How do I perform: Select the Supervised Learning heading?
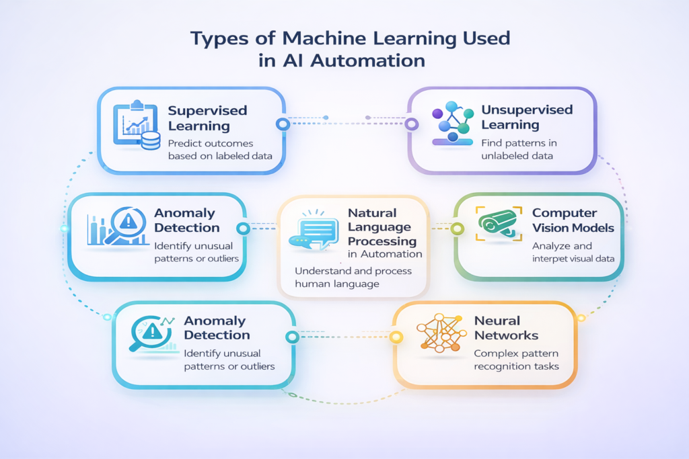click(x=207, y=118)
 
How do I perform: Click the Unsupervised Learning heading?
click(x=527, y=117)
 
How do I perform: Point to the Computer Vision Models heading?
click(x=573, y=220)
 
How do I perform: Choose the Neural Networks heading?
click(x=506, y=328)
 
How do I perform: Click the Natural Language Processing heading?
click(x=382, y=226)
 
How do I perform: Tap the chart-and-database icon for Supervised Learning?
click(x=137, y=125)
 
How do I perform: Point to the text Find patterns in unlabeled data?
click(x=519, y=149)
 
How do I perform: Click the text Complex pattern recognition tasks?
click(x=516, y=360)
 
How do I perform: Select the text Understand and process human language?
click(x=353, y=278)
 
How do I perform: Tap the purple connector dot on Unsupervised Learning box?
click(x=410, y=124)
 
